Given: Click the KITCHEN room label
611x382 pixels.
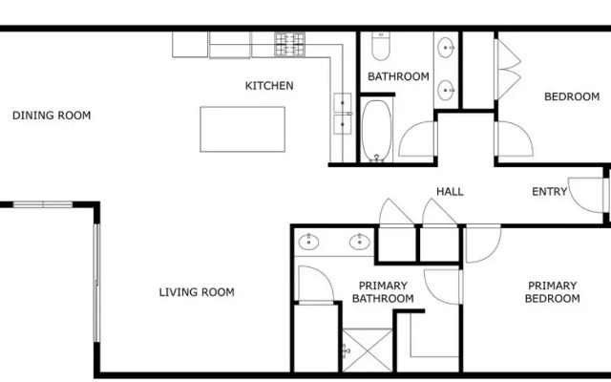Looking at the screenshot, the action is tap(269, 86).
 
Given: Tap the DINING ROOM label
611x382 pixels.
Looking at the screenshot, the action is tap(52, 116).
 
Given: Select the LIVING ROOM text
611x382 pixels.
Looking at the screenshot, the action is tap(197, 292).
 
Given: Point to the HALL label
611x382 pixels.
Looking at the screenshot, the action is tap(450, 191).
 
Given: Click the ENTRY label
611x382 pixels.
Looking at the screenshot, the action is tap(550, 191).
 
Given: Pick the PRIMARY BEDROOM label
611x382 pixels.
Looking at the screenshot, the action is tap(552, 292).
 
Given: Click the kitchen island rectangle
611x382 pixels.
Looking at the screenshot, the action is tap(242, 129).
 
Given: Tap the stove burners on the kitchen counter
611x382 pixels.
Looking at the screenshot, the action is tap(290, 44).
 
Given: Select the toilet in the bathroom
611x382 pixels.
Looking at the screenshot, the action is tap(381, 46).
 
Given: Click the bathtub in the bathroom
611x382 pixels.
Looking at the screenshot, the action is tap(376, 131).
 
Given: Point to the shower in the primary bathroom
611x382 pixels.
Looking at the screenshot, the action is tap(368, 350).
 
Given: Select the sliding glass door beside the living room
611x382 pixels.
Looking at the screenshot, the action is tap(96, 283).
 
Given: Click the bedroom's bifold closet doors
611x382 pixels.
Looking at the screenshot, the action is tap(507, 70).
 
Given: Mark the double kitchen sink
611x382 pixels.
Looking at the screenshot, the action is tap(343, 114).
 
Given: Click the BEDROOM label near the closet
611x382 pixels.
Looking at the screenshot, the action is tap(572, 96).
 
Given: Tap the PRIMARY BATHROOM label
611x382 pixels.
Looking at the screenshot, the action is tap(383, 292).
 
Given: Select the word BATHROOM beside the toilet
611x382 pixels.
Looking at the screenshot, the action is tap(398, 76).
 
